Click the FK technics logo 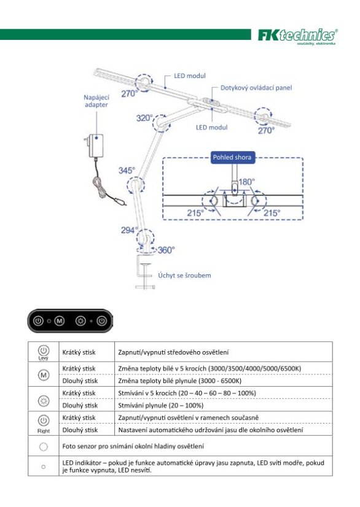297,36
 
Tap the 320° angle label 144,118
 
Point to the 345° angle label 127,171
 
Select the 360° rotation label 166,250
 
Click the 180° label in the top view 247,182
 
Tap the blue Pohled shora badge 232,158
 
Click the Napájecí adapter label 96,101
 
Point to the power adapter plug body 95,146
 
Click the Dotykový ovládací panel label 256,88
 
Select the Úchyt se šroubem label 184,276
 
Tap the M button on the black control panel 59,321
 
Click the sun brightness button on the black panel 80,321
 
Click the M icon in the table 44,375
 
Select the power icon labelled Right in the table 44,420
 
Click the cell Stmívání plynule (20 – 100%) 161,406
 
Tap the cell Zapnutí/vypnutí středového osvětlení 173,352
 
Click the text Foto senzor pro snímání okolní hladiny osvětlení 133,446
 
